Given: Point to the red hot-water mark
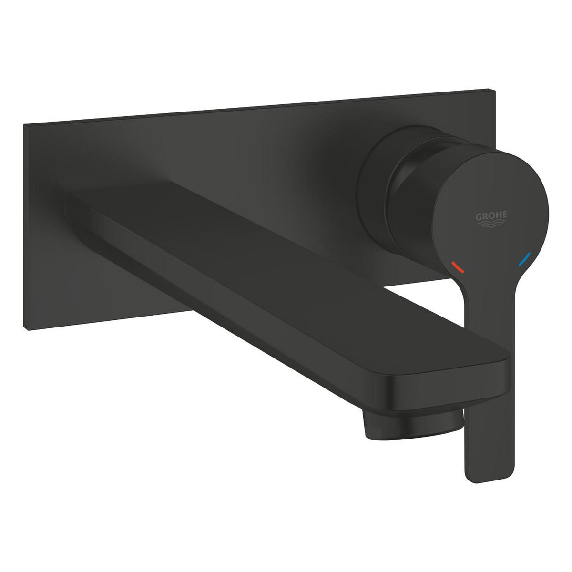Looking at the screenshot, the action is (x=458, y=266).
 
